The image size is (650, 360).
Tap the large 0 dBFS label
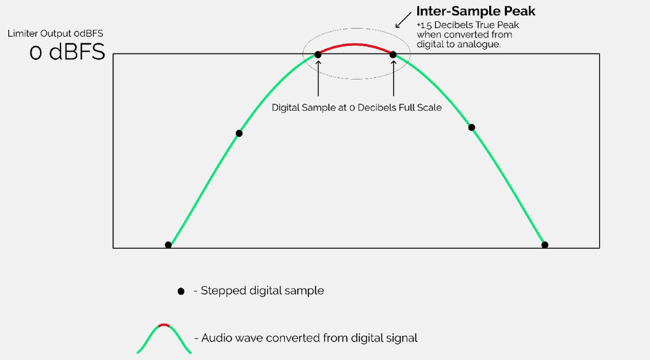67,52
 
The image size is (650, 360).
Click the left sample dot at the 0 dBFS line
318,55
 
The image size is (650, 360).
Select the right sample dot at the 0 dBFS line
393,55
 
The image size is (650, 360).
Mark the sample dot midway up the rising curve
239,133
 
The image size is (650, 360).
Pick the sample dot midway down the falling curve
471,127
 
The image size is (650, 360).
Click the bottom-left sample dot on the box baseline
168,245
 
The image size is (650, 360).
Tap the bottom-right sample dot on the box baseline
544,245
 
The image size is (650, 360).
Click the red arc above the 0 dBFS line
356,45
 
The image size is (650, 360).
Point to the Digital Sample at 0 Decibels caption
356,107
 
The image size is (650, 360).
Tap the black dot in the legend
181,291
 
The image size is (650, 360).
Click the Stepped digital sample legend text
262,291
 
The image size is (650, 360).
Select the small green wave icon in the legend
164,338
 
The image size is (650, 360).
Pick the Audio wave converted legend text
309,338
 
